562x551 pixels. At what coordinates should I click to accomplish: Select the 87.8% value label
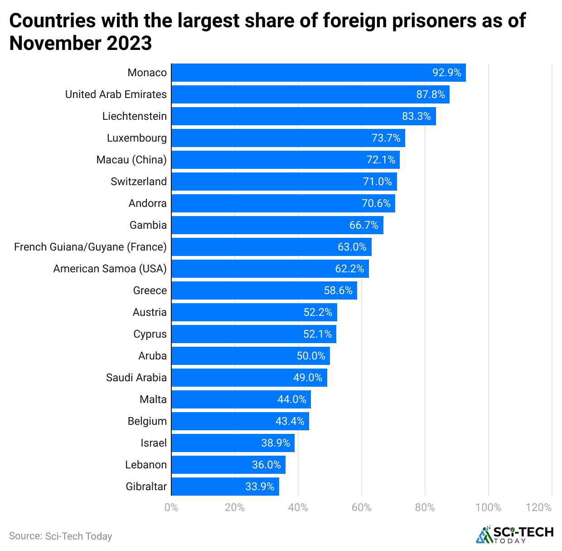click(431, 94)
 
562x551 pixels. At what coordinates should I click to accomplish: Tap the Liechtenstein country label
click(135, 116)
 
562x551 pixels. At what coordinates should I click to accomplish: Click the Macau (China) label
click(131, 160)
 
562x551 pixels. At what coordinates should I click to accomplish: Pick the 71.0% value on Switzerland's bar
click(377, 182)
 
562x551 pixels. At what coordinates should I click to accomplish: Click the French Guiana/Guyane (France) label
click(90, 247)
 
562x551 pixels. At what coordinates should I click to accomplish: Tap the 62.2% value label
click(349, 269)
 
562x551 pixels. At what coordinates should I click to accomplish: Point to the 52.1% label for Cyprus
click(317, 334)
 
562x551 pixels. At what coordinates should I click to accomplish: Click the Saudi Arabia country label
click(136, 378)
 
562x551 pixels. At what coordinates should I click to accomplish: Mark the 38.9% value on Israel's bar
click(276, 443)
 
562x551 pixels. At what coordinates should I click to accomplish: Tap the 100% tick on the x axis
click(488, 507)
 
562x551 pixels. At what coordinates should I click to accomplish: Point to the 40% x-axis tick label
click(298, 507)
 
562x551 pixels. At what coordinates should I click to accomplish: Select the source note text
click(60, 536)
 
